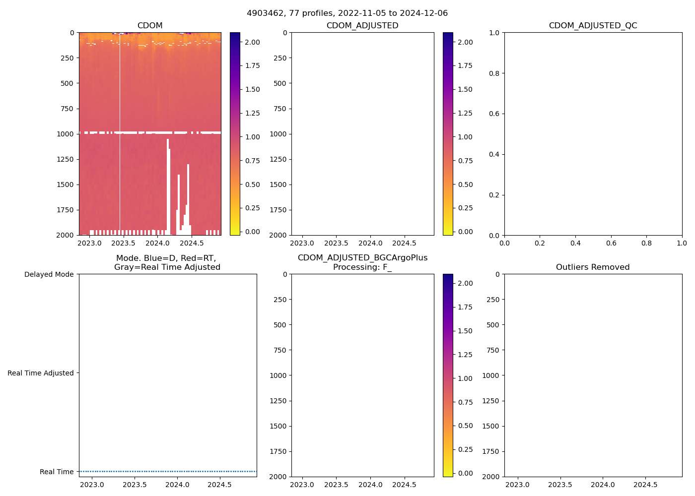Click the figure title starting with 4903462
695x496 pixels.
[347, 13]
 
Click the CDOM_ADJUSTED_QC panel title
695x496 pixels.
[593, 26]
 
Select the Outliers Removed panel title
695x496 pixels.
[593, 267]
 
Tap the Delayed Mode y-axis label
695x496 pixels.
[49, 275]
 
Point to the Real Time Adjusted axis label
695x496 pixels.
[40, 373]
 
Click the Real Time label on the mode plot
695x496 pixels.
[57, 472]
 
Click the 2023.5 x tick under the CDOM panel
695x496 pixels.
[123, 243]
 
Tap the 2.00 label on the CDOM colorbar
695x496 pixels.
[252, 42]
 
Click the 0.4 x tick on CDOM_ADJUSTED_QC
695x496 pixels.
[575, 243]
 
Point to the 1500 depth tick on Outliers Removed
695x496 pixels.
[490, 426]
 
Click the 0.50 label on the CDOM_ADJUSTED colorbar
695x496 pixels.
[465, 185]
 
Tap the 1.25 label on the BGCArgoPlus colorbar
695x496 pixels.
[465, 355]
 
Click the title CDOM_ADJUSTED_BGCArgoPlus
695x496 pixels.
[362, 258]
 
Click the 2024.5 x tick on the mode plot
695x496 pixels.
[219, 485]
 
